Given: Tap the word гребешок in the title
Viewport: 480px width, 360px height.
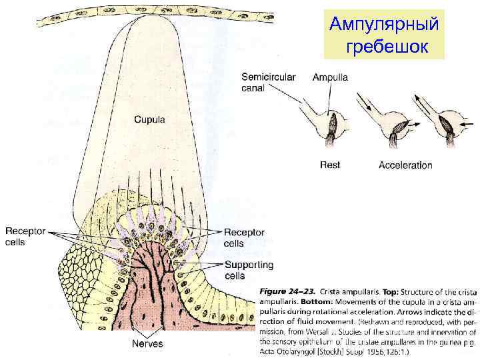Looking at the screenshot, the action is (385, 47).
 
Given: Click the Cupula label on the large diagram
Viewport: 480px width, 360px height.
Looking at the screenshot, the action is (151, 120).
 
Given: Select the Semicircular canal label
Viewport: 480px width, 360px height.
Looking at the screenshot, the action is (268, 83).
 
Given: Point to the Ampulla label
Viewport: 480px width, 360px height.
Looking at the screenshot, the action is (330, 77).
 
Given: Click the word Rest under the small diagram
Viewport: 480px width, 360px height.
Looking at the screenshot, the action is (331, 165).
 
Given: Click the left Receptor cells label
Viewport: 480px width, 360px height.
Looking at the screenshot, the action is (25, 237).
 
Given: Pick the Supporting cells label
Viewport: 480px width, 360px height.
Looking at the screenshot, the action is (248, 270).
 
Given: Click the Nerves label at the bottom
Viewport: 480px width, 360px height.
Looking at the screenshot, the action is (147, 343).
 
